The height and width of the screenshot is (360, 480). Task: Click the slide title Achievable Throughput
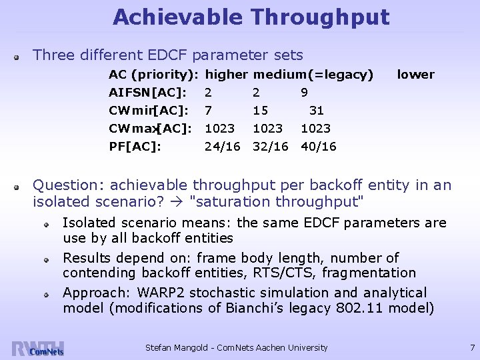[251, 17]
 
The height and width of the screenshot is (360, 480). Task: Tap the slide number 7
[472, 347]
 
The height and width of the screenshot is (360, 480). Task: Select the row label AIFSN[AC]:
[147, 92]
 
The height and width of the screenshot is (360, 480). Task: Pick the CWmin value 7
[209, 110]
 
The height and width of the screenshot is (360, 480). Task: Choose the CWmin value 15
[261, 110]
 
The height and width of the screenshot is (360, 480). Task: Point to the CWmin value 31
[317, 110]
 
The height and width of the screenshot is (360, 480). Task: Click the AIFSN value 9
[304, 92]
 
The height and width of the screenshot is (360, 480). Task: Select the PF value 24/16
[222, 146]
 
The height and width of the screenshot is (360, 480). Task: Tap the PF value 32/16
[270, 146]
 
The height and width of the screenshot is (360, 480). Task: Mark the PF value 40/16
[319, 146]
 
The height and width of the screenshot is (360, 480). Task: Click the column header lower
[415, 75]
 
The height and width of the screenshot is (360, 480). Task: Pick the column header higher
[227, 75]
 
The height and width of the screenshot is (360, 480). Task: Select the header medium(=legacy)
[313, 75]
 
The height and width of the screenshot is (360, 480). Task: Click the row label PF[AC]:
[135, 146]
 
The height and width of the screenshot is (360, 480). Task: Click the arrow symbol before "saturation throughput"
[181, 201]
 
